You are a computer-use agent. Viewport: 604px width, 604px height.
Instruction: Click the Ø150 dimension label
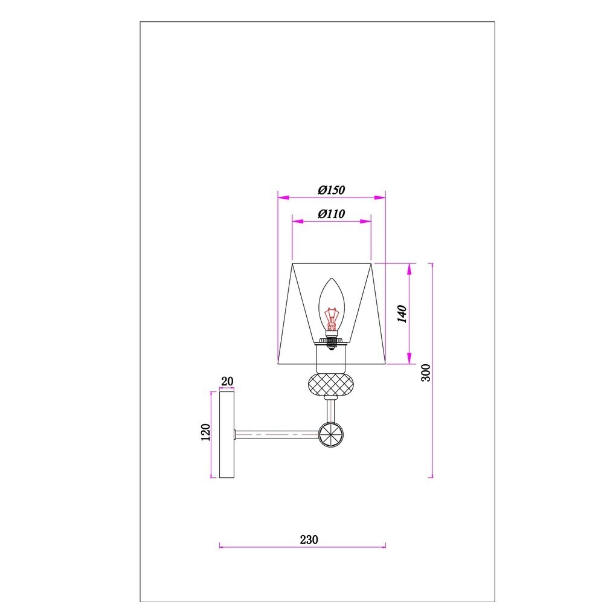331,190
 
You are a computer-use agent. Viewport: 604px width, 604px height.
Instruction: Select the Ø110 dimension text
331,214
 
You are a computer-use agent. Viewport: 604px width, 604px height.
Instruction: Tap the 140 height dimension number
402,314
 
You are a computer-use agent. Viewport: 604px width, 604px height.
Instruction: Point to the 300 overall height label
426,373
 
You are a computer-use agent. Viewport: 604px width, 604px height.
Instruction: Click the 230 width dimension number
309,539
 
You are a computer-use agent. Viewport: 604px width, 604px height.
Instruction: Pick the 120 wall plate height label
206,432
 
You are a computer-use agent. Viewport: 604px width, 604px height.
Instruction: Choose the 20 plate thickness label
227,381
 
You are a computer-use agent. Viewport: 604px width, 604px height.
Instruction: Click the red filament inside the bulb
331,318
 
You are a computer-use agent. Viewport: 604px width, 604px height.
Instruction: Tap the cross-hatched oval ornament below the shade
330,384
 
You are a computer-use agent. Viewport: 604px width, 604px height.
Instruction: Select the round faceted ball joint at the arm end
331,434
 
